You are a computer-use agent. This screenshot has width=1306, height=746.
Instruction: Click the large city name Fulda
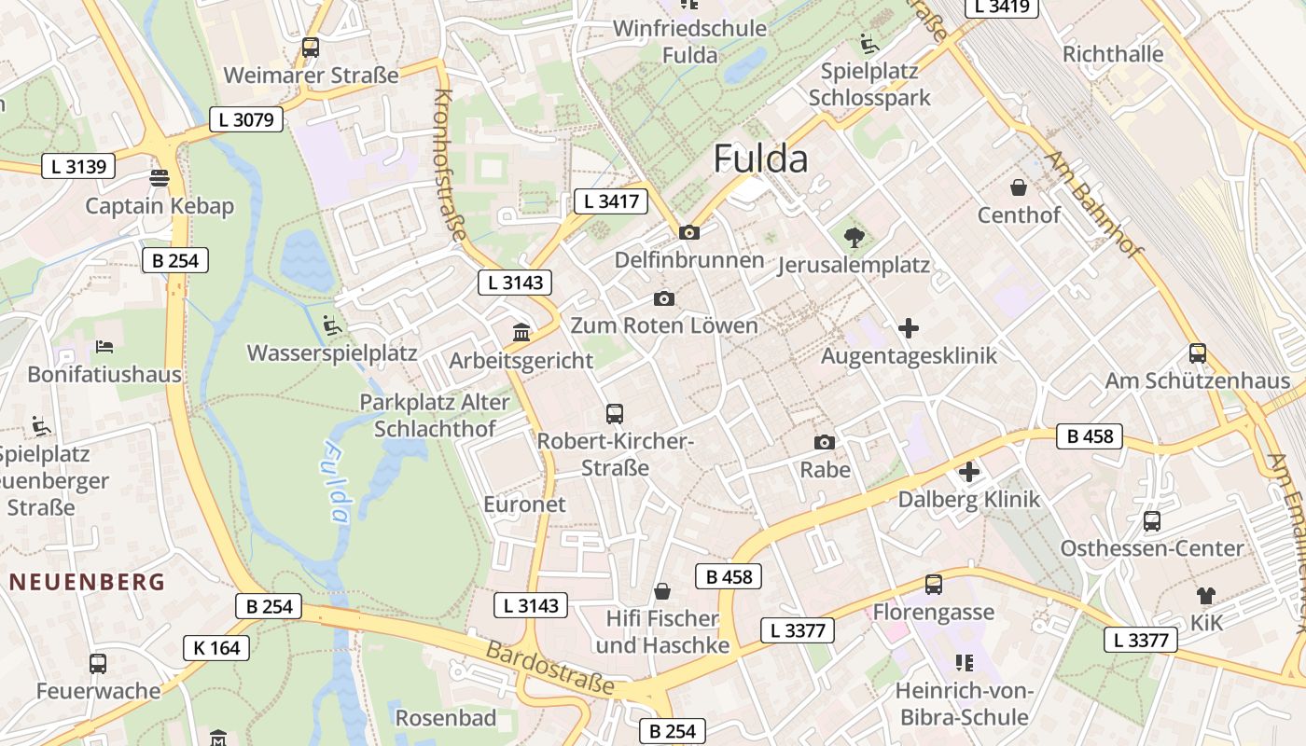pos(760,159)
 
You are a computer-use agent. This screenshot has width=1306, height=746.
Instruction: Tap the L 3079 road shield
pos(246,119)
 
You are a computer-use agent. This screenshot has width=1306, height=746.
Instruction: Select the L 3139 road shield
pos(78,167)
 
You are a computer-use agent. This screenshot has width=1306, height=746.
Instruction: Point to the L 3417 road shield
pos(611,200)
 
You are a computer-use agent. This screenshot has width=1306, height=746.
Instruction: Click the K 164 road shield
pos(216,647)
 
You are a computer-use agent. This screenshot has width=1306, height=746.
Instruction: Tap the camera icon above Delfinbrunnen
pos(689,232)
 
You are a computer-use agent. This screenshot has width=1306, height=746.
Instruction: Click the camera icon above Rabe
pos(825,442)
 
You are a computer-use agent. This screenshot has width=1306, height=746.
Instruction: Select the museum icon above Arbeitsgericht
pos(521,332)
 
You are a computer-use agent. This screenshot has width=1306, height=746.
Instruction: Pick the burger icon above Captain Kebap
pos(160,178)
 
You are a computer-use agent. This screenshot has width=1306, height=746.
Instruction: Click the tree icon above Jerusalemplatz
pos(854,237)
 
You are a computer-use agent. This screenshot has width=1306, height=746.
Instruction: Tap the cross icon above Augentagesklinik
pos(909,328)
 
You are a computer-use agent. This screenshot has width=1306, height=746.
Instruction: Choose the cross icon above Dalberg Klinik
pos(969,472)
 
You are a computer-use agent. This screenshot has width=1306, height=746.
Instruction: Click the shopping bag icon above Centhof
pos(1019,187)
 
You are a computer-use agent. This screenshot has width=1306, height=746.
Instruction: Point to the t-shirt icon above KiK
pos(1206,595)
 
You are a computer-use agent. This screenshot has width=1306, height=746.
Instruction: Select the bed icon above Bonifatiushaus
pos(104,347)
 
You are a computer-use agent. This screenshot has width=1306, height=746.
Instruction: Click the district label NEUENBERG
pos(88,582)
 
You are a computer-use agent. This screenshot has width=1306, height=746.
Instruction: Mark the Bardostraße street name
pos(549,668)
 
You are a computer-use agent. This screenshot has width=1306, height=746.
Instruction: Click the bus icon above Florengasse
pos(933,585)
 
